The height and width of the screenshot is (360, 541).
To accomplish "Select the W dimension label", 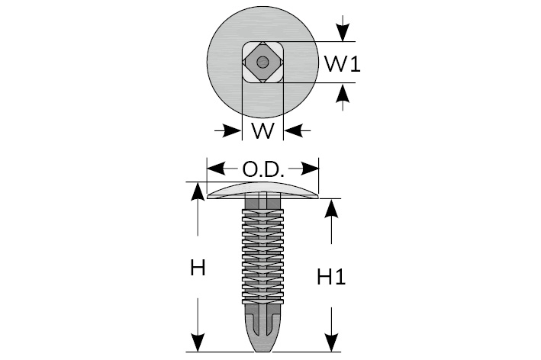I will pyautogui.click(x=262, y=131).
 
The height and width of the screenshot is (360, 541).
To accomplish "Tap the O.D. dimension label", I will pyautogui.click(x=263, y=169).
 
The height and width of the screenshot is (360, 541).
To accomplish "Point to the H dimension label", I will pyautogui.click(x=198, y=268).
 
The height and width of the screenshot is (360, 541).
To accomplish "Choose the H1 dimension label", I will pyautogui.click(x=331, y=278).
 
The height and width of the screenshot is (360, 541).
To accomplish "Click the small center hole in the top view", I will pyautogui.click(x=262, y=62).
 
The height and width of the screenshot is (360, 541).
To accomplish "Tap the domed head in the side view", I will pyautogui.click(x=263, y=191).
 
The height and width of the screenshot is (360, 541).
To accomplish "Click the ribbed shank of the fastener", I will pyautogui.click(x=263, y=252).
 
